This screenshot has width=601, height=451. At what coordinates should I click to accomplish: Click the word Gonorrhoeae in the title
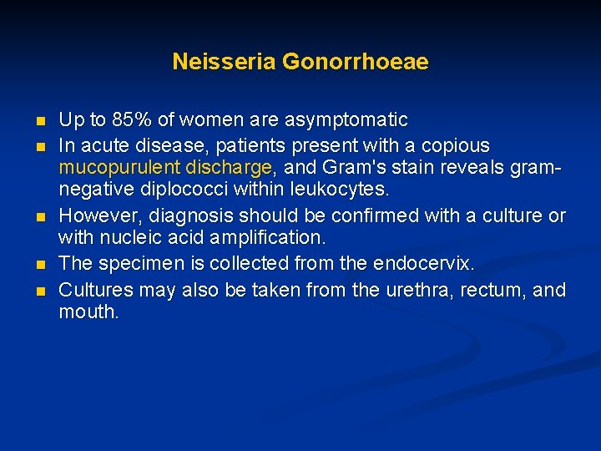[356, 62]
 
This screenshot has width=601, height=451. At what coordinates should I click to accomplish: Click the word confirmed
[378, 215]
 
